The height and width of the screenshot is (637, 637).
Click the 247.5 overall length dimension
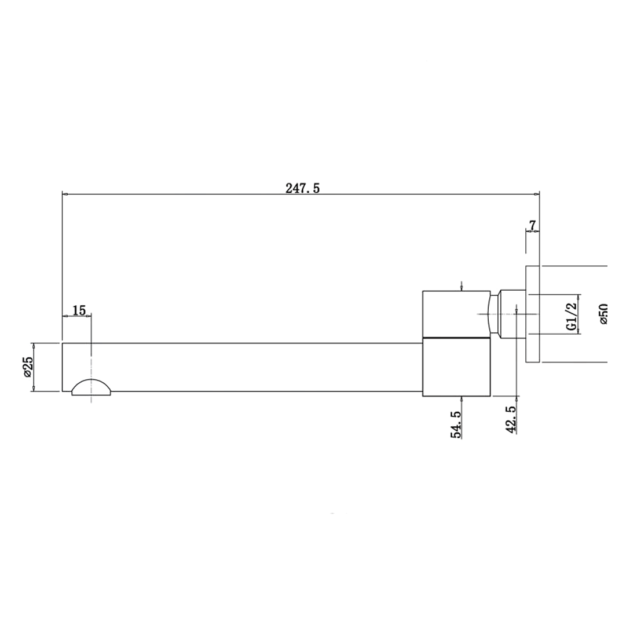point(302,188)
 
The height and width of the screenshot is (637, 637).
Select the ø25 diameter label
point(27,367)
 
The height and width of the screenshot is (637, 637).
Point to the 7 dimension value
point(533,225)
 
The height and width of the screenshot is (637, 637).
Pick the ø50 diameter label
point(603,314)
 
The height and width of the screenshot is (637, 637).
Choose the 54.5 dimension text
point(455,424)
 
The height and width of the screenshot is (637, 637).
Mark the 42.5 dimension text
point(511,419)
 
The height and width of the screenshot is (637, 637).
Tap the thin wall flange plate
point(533,314)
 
